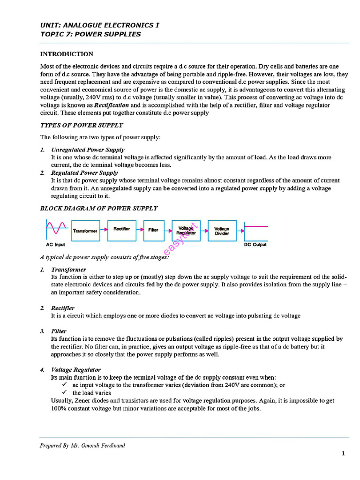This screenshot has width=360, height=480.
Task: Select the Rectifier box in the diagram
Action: click(x=121, y=230)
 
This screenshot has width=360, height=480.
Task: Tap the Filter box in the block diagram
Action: click(x=153, y=230)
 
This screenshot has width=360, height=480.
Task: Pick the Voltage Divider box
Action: click(x=222, y=230)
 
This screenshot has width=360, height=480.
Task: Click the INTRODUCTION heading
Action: click(x=67, y=54)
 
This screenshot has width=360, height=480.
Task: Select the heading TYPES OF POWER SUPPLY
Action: click(x=82, y=125)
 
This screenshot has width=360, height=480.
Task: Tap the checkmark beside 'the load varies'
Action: click(x=64, y=392)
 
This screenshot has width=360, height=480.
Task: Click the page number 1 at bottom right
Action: click(x=343, y=453)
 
